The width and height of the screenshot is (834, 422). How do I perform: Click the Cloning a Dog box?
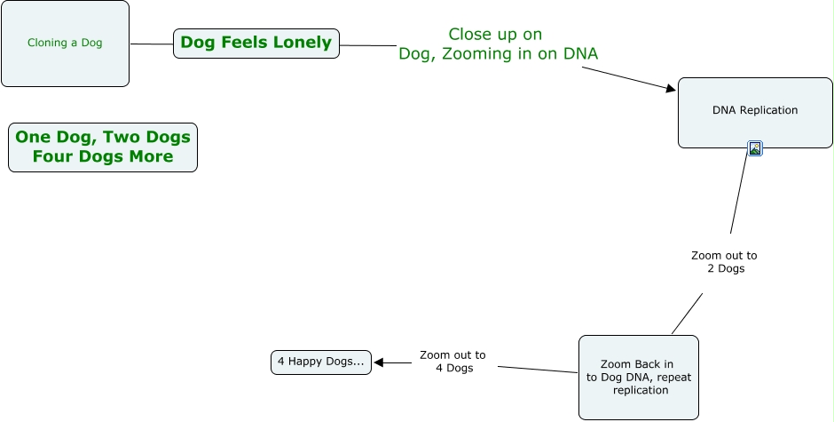click(65, 44)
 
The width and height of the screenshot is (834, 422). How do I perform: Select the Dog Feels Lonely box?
click(256, 43)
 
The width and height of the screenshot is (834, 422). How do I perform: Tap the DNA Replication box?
click(755, 112)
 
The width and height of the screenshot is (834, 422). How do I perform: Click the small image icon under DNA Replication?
click(755, 148)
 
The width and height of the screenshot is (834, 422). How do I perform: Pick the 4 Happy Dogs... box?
click(320, 362)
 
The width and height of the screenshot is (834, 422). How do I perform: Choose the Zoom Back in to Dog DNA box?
click(638, 377)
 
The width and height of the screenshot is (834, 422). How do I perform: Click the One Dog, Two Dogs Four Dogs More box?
click(103, 147)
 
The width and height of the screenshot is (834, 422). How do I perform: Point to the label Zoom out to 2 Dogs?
click(725, 262)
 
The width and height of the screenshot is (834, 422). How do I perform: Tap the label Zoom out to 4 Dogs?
click(452, 361)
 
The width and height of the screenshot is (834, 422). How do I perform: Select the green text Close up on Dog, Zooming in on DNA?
click(497, 44)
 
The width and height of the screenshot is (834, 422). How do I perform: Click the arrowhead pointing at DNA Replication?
click(671, 87)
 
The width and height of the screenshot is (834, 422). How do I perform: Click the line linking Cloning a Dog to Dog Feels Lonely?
click(151, 44)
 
